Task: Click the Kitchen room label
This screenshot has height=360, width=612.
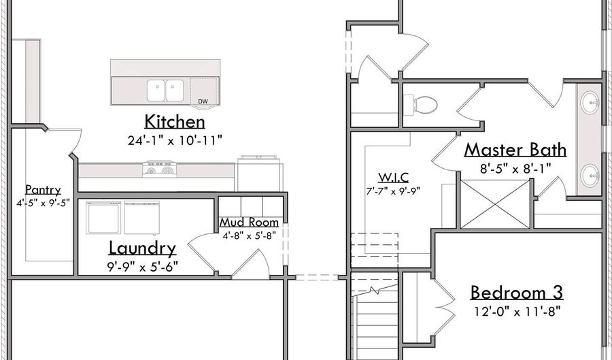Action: [x=175, y=122]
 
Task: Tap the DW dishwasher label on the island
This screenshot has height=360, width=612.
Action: [x=203, y=101]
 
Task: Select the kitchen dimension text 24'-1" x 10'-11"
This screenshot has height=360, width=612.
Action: [x=175, y=140]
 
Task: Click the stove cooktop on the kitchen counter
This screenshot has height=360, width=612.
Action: [x=159, y=169]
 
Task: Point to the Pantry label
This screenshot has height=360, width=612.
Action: [x=43, y=191]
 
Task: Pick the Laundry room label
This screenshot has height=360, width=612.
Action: [x=142, y=248]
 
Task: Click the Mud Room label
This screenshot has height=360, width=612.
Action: [x=249, y=223]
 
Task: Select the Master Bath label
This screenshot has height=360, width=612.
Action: [x=515, y=150]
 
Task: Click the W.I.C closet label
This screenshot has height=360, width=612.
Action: [x=393, y=178]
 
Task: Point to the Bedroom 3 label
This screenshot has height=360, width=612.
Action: [x=517, y=293]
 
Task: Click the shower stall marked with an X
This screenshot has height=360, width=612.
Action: [x=496, y=203]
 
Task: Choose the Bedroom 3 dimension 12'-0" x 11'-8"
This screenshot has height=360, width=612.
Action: [x=517, y=312]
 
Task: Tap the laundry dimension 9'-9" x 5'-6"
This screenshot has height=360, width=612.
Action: [x=143, y=267]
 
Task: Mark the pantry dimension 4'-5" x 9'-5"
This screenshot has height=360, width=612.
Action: [x=43, y=203]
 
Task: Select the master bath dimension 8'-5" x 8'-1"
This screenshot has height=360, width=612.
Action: [x=515, y=169]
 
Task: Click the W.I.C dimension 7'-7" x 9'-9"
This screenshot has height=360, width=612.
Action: [x=393, y=191]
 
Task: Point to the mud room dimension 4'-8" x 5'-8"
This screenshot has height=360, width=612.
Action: [x=250, y=235]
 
